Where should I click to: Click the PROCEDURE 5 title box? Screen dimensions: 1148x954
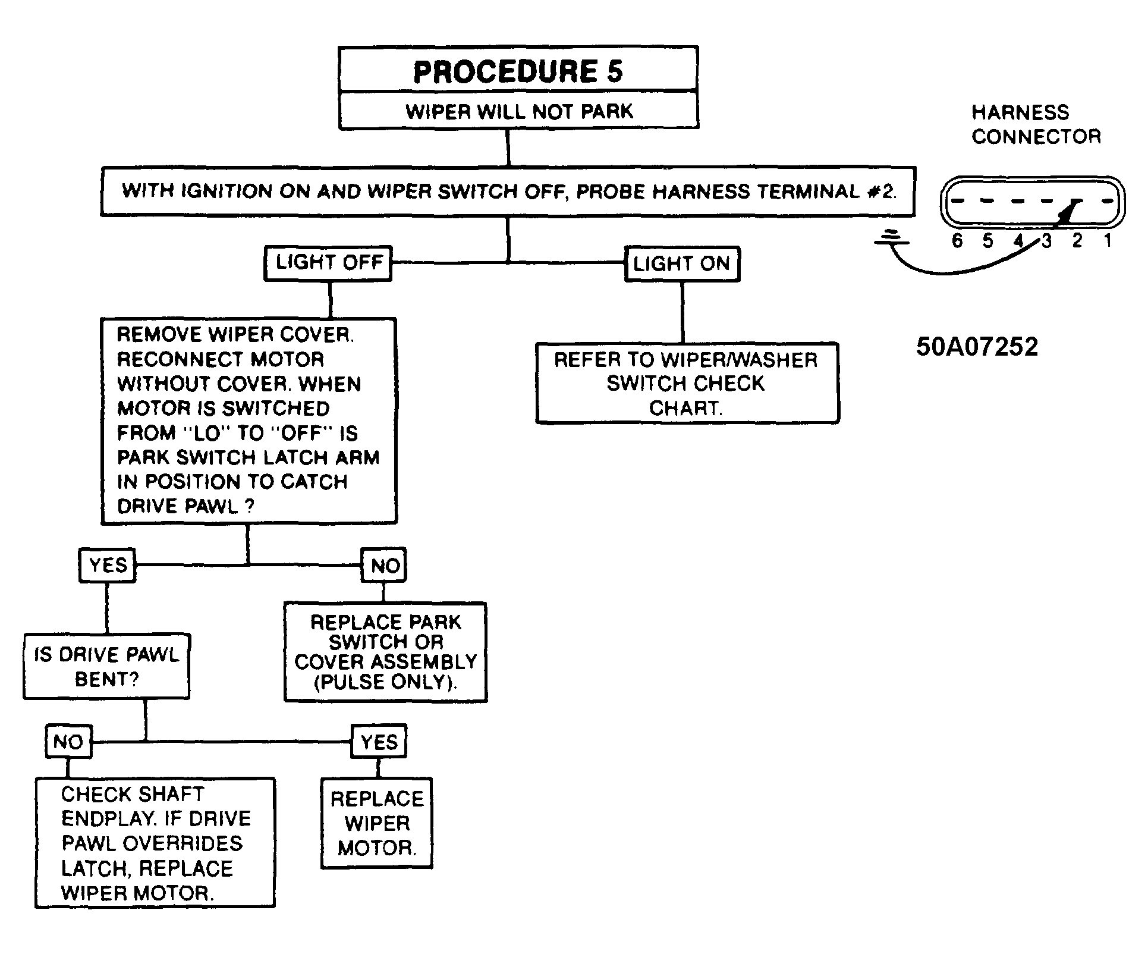coord(518,69)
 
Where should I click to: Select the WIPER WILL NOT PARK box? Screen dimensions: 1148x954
coord(518,111)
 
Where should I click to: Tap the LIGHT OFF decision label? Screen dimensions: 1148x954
coord(328,263)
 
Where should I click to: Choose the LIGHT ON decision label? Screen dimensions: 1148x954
coord(682,263)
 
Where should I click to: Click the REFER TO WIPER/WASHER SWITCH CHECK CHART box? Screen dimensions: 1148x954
coord(687,383)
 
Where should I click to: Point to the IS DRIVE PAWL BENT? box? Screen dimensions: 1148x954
coord(106,666)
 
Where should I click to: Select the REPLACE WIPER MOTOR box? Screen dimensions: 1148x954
coord(377,823)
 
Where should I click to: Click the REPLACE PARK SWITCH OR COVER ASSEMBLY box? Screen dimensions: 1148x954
coord(385,652)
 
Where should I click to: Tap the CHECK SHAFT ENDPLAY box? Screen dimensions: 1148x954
coord(155,843)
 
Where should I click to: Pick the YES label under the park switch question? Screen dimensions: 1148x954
coord(108,565)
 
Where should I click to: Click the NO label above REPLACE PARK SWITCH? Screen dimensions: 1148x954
coord(385,565)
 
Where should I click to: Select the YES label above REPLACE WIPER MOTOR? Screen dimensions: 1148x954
coord(379,742)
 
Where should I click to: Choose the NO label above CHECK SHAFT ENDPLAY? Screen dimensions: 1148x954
coord(68,742)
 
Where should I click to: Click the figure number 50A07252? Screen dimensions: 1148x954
coord(977,347)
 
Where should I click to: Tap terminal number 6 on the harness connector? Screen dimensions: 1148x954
coord(957,241)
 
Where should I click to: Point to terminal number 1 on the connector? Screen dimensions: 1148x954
coord(1108,241)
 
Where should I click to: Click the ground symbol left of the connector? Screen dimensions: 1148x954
coord(891,238)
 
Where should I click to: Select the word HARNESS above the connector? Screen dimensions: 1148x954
coord(1020,112)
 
